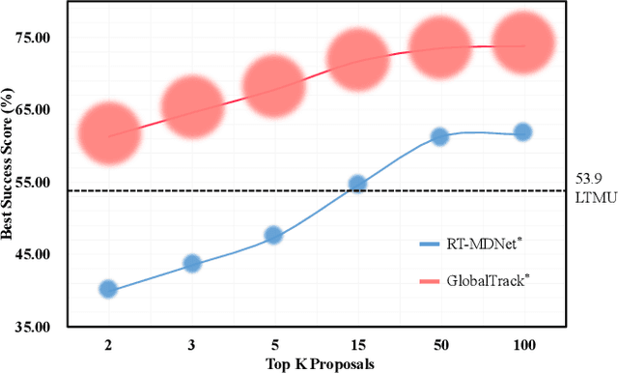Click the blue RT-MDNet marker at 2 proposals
[x=108, y=289]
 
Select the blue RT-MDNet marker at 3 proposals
[x=191, y=263]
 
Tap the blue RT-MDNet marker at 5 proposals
[x=273, y=235]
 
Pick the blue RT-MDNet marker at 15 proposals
[x=357, y=184]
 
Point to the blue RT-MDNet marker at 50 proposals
[x=439, y=137]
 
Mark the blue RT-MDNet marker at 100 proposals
[x=522, y=132]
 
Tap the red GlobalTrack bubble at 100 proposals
[x=522, y=43]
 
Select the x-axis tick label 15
[x=357, y=345]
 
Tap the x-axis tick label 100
[x=522, y=345]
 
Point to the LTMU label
[x=587, y=199]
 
